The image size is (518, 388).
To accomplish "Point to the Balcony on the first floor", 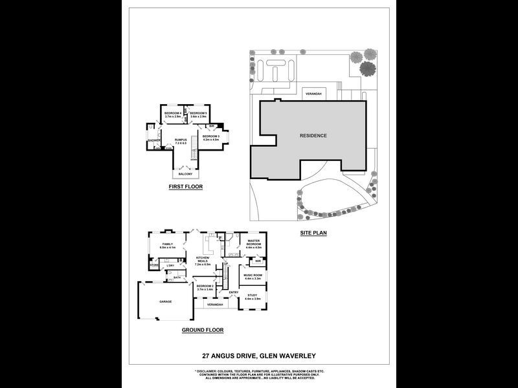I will pos(185,173).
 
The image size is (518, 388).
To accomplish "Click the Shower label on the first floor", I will pos(154,140).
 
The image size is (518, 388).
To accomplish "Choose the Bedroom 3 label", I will pos(211,138).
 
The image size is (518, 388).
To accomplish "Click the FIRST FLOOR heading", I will pos(185,187).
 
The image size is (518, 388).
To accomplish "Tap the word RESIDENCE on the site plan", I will pos(313,135).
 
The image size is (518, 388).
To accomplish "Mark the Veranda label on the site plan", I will pos(313,94).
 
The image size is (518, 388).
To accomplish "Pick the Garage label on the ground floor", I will pos(166,301).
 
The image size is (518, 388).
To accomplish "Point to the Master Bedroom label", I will pos(253,244).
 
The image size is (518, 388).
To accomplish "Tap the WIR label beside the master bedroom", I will pos(258,261).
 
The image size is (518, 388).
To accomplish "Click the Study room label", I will pos(252,297).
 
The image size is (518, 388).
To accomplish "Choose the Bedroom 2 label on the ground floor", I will pos(205,287).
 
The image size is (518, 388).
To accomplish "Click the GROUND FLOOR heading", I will pos(203,330).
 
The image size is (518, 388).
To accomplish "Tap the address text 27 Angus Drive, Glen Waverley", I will pos(258,355).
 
